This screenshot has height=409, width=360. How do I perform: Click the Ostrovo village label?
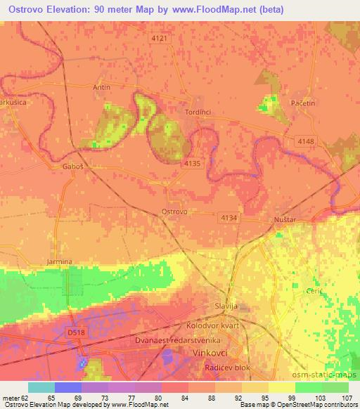(174, 212)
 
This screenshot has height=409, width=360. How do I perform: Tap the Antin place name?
(102, 88)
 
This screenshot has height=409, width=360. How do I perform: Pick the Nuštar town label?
(283, 221)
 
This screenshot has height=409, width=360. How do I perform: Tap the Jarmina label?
(59, 262)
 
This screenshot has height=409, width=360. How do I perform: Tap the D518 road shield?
(75, 332)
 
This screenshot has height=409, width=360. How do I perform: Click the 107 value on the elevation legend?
(347, 398)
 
